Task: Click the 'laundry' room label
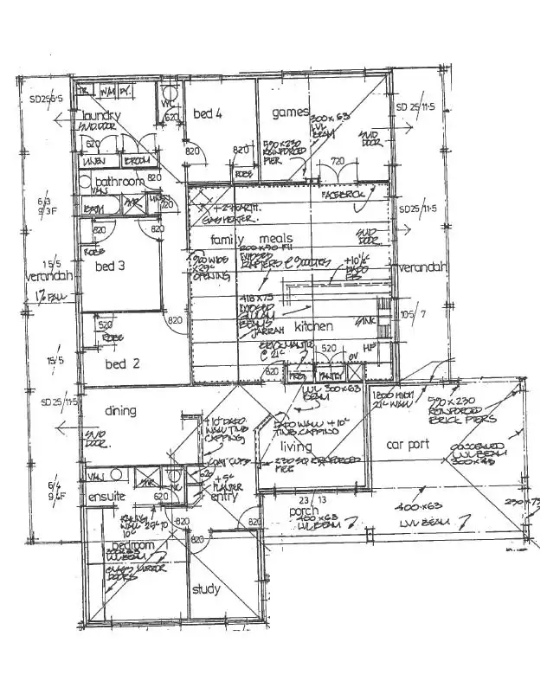coord(101,116)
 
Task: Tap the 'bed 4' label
coord(209,113)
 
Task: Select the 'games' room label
coord(291,112)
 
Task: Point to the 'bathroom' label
coord(119,182)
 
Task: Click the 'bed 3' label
coord(110,266)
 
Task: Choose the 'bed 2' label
coord(122,363)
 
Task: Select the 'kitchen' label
coord(313,326)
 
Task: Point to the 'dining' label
coord(120,411)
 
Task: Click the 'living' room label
coord(296,447)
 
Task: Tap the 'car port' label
coord(407,445)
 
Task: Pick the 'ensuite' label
coord(106,498)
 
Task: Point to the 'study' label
coord(207,590)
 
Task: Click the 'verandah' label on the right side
coord(422,267)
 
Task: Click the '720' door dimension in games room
coord(338,161)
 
